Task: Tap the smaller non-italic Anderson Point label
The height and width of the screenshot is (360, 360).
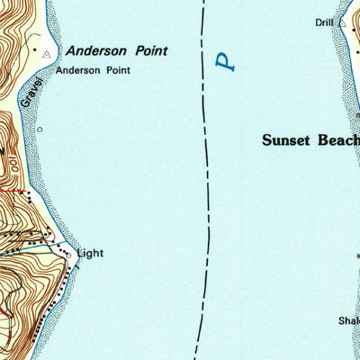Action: click(93, 69)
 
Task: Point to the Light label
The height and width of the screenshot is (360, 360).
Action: click(90, 254)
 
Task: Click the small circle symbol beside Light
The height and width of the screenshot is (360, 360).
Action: click(68, 255)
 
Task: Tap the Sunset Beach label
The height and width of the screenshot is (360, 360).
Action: click(310, 140)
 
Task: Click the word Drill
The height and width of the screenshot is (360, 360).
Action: click(325, 22)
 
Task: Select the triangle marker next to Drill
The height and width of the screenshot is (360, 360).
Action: click(343, 22)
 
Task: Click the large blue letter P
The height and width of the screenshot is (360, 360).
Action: click(226, 62)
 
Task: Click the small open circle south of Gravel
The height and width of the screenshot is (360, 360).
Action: click(40, 129)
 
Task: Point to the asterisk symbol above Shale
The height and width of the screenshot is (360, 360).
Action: click(356, 256)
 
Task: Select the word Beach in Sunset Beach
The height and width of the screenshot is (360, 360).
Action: click(340, 140)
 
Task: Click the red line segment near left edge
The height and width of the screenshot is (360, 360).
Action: click(11, 192)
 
